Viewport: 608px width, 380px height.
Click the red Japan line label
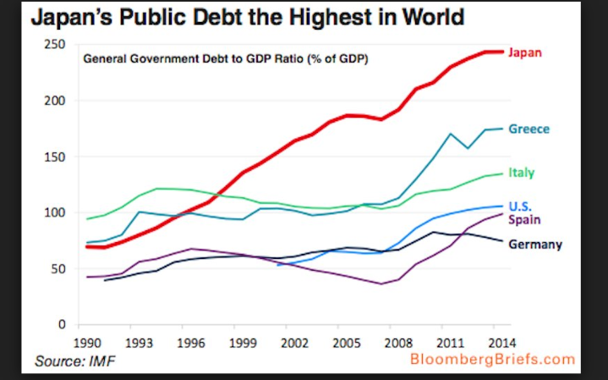coord(526,52)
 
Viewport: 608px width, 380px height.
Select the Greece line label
coord(529,129)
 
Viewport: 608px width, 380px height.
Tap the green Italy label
coord(521,173)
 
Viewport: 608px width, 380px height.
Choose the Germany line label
coord(535,245)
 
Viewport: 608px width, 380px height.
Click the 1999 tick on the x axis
coord(244,344)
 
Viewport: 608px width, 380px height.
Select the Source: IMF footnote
coord(72,362)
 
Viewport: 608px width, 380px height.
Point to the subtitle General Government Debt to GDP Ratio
coord(228,59)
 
